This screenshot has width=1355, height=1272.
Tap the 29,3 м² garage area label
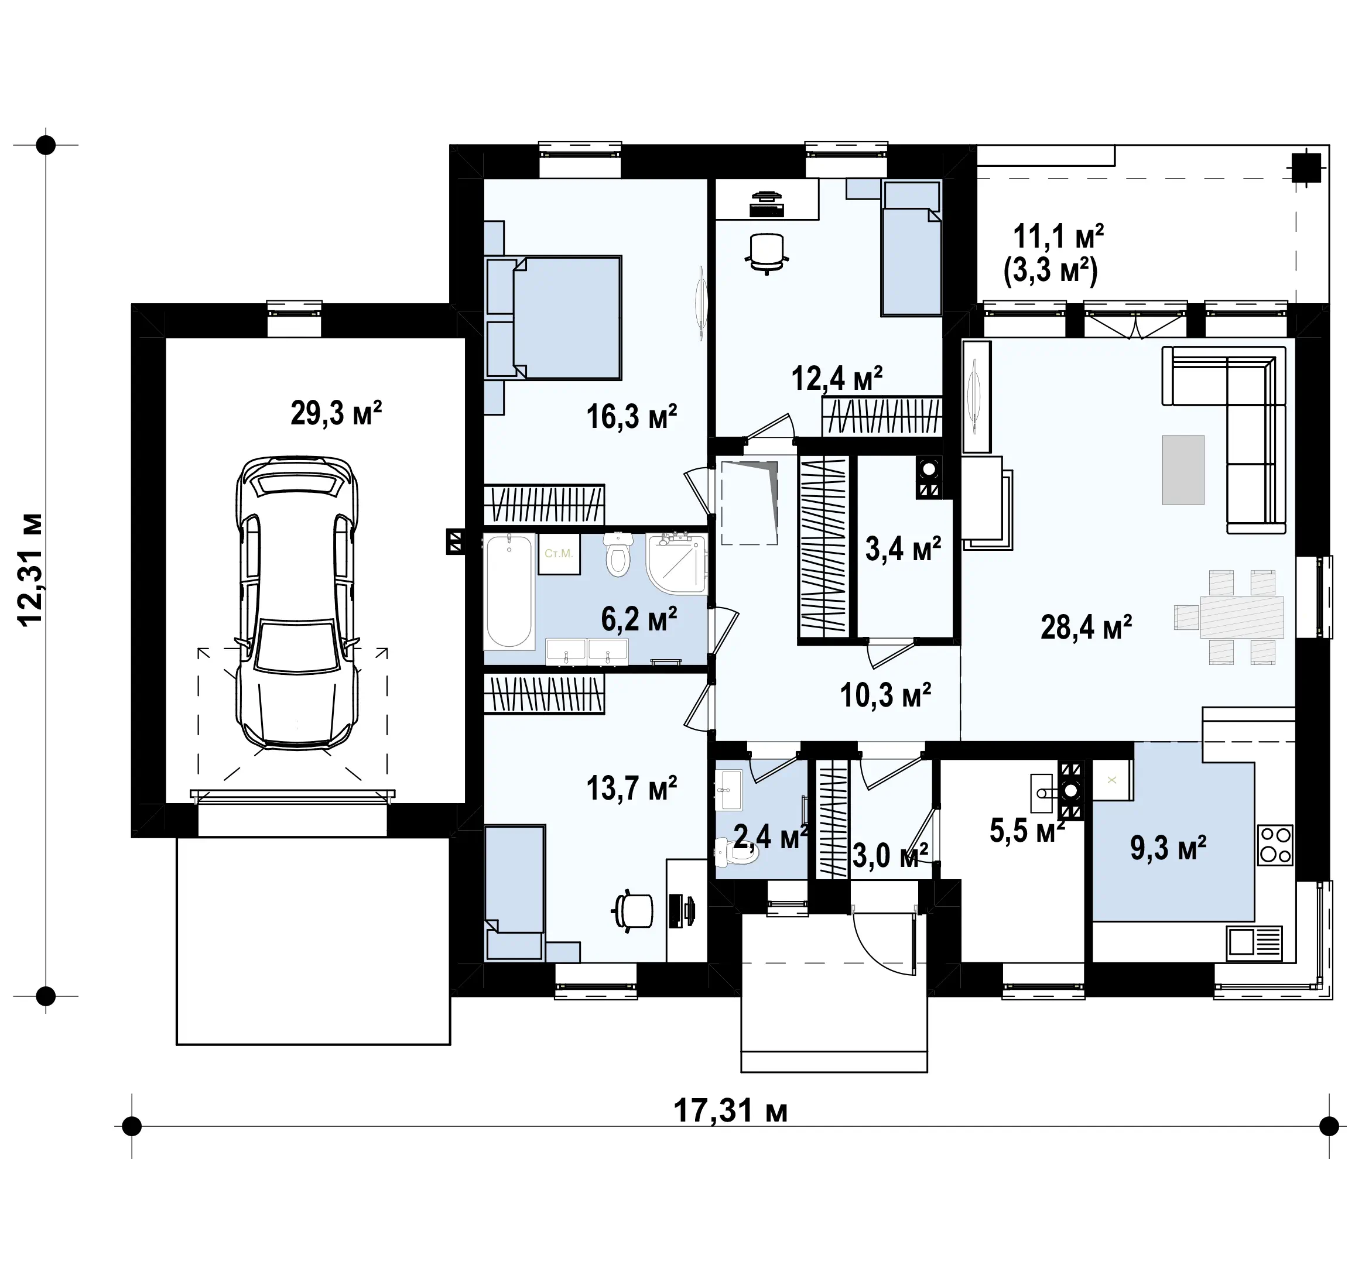pyautogui.click(x=336, y=413)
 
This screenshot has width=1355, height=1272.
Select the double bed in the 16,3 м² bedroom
pyautogui.click(x=553, y=317)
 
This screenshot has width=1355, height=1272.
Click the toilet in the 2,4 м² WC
pyautogui.click(x=736, y=852)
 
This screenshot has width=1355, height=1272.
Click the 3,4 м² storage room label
pyautogui.click(x=904, y=548)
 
